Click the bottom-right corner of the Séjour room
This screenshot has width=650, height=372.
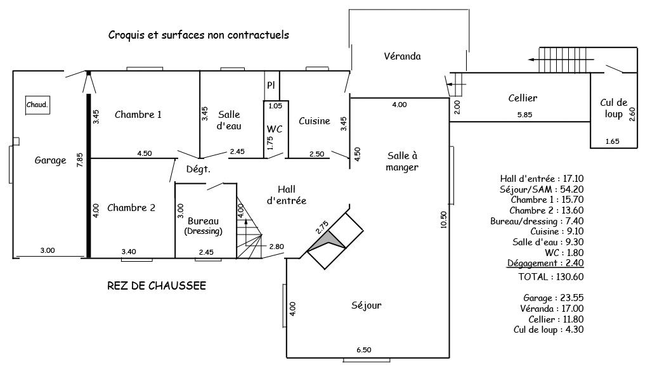click(450, 357)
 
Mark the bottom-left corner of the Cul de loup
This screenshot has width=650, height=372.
click(591, 148)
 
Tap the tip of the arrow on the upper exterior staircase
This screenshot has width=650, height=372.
click(528, 60)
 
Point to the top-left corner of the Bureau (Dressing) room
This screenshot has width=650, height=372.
click(176, 183)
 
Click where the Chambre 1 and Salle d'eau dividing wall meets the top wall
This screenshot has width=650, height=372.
click(200, 71)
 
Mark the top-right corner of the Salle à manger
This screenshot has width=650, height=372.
click(450, 98)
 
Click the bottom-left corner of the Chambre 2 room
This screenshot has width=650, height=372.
click(91, 258)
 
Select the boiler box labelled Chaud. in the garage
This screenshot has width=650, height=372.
click(37, 105)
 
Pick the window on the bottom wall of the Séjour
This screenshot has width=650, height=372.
click(367, 360)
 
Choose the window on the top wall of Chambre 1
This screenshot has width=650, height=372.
click(145, 69)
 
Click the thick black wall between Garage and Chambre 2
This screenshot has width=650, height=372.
click(88, 176)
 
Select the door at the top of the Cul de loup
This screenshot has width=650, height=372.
click(613, 69)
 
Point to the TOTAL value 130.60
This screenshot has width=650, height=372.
click(569, 277)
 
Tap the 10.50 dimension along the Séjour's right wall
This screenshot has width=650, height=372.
click(444, 219)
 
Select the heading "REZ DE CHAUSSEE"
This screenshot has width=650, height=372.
click(157, 286)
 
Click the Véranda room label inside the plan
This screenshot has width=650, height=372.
click(402, 56)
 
